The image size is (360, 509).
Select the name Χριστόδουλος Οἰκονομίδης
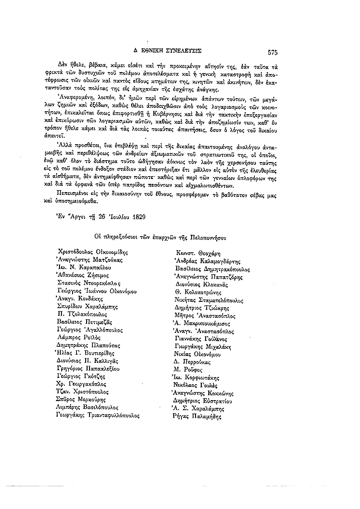point(92,252)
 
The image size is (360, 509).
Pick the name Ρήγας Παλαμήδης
point(196,416)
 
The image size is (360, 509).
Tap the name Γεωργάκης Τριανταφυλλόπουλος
point(98,416)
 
